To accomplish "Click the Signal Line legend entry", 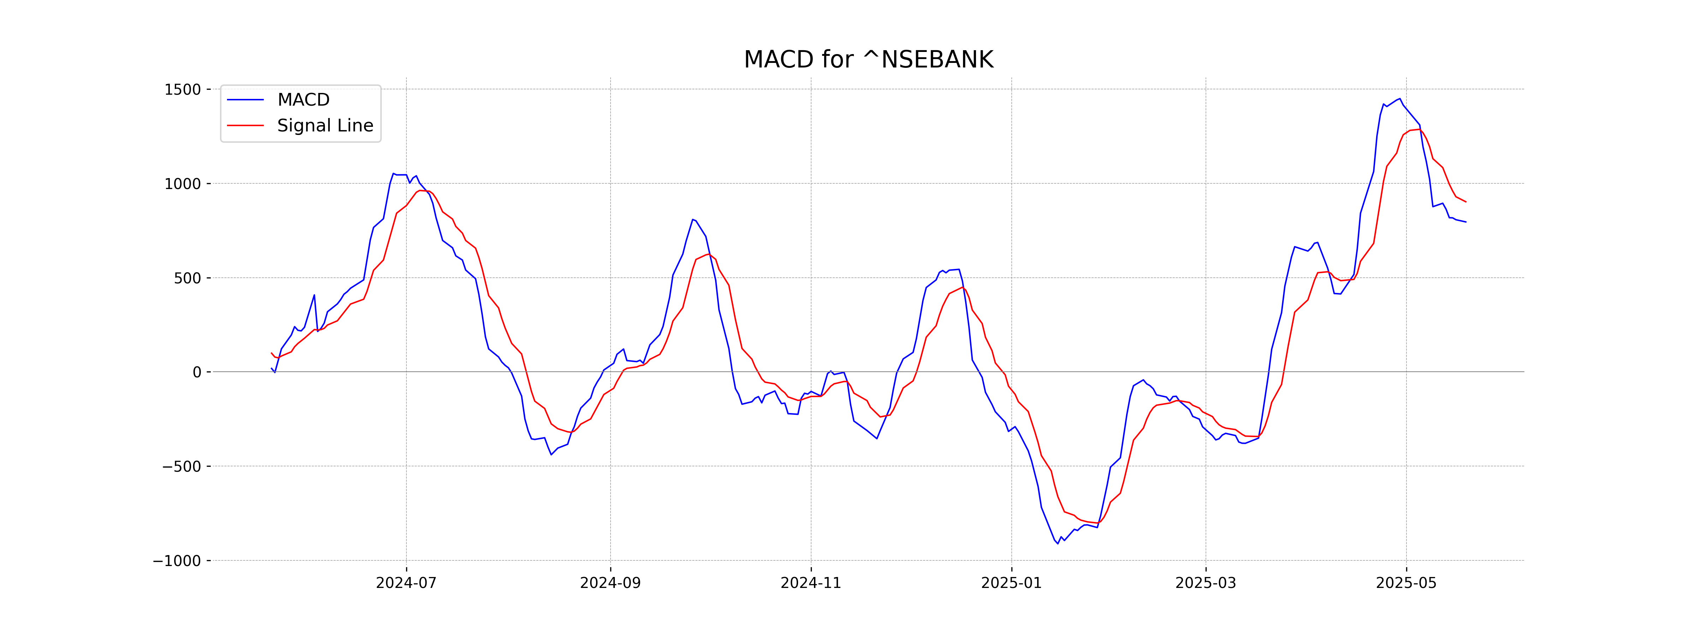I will tap(325, 125).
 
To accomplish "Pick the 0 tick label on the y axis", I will tap(197, 372).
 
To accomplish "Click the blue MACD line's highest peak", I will tap(1399, 99).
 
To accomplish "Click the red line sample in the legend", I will tap(245, 125).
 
